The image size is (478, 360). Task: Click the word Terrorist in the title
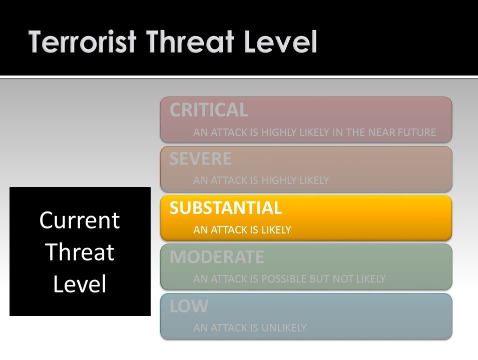[82, 41]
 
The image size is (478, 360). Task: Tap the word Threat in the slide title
[190, 41]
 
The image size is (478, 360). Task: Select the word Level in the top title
[280, 41]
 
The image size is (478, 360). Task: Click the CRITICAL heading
[209, 109]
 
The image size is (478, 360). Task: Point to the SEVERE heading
[201, 158]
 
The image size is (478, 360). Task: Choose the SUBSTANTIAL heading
[226, 207]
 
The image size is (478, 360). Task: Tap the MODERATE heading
[217, 257]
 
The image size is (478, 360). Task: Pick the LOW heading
[189, 306]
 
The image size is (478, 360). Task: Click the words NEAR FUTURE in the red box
[402, 132]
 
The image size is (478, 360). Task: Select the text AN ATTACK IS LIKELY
[242, 229]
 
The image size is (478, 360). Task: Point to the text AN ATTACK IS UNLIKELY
[250, 327]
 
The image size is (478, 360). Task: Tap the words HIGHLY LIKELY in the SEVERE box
[295, 180]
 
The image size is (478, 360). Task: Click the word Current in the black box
[80, 220]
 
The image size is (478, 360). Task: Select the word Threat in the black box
[80, 252]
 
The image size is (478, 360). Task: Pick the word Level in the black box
[80, 284]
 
